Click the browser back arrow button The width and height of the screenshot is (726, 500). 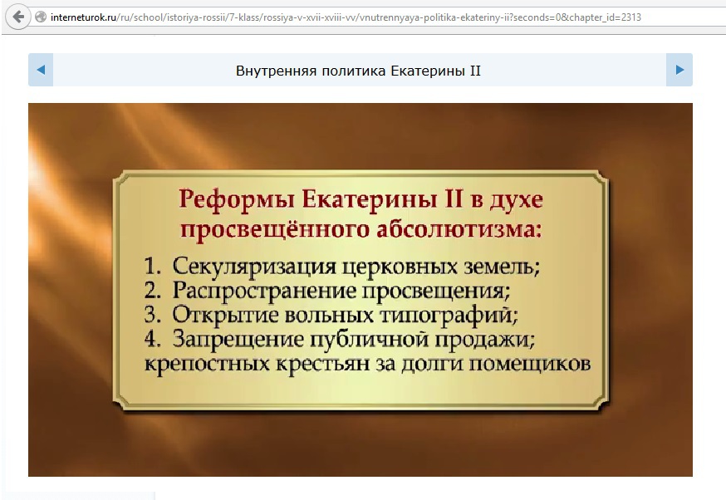click(18, 17)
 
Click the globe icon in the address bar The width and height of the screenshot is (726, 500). click(41, 17)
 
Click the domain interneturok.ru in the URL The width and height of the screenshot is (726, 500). click(83, 17)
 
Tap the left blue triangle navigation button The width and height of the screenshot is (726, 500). click(41, 70)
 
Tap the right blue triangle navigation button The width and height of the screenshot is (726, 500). click(679, 70)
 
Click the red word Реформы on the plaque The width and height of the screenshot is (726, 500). click(237, 200)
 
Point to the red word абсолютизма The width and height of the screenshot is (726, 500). click(459, 228)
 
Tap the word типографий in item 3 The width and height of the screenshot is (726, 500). click(449, 316)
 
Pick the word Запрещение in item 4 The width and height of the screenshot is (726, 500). click(238, 340)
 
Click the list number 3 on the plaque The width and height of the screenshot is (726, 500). click(152, 314)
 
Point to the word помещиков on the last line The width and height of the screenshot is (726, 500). click(530, 364)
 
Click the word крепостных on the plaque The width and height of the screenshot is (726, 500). click(207, 365)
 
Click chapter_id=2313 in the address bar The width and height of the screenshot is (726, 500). click(606, 17)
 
